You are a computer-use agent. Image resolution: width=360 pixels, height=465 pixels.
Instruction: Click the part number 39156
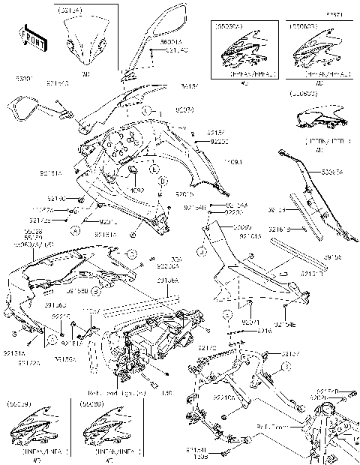coord(333,256)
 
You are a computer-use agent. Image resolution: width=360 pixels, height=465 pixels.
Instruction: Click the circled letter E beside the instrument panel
coord(154,170)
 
